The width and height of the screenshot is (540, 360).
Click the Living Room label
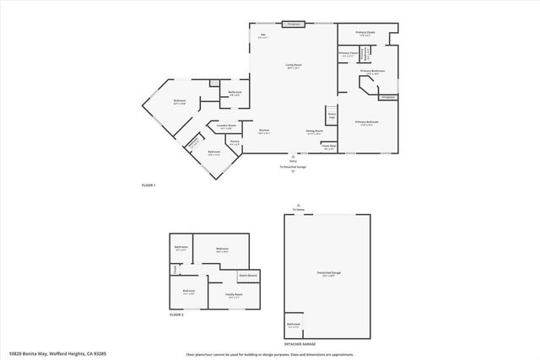[293, 65]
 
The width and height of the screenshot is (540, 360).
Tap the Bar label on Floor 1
[262, 35]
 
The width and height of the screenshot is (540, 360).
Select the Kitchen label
[264, 131]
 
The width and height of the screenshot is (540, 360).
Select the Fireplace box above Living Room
[293, 24]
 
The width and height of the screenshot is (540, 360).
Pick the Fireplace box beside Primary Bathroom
[387, 98]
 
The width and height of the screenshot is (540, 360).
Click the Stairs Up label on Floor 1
[332, 115]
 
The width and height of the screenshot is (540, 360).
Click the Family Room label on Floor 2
[233, 295]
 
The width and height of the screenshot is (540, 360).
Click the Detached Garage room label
[327, 271]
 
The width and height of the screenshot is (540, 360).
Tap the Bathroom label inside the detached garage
[294, 325]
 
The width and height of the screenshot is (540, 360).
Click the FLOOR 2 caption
[176, 314]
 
